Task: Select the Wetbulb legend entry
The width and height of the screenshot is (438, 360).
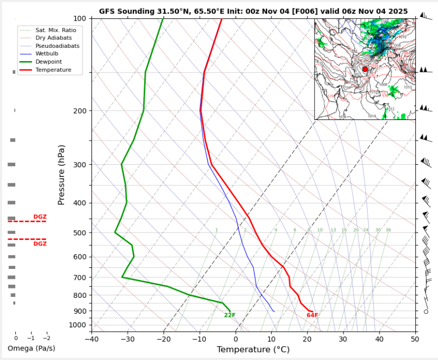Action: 46,54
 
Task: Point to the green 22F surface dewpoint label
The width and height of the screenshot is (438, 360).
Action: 230,315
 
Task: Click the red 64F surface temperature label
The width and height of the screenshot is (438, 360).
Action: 312,315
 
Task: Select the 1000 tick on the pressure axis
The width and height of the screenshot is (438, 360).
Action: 79,325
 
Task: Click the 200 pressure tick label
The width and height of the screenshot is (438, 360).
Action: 81,111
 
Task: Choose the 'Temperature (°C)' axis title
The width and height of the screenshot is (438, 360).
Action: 253,350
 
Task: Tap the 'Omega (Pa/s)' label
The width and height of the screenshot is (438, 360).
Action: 31,348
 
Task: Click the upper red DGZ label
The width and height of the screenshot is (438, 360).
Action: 40,217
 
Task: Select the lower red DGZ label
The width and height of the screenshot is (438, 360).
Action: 40,244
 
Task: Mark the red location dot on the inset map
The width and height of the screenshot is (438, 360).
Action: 365,69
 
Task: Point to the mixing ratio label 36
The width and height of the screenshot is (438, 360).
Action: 388,230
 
